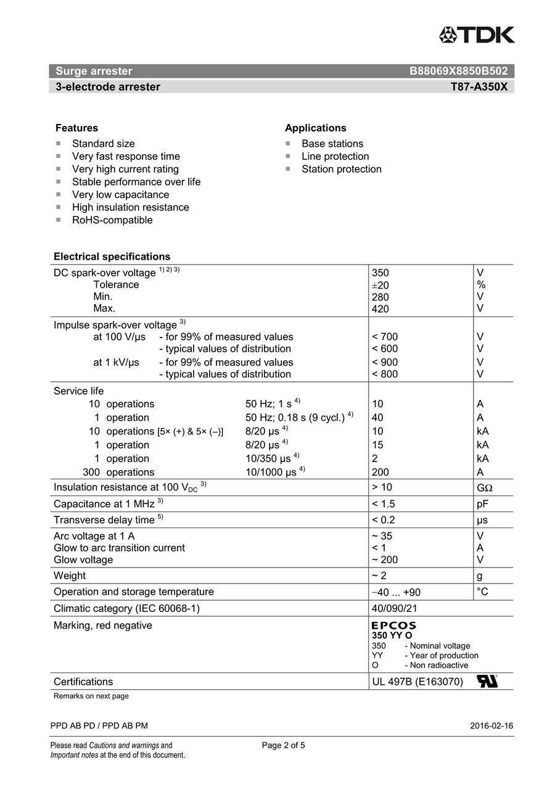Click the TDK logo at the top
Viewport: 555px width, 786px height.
477,35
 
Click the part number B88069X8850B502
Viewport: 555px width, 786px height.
459,71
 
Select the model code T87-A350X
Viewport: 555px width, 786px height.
479,87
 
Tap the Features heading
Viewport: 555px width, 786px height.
76,128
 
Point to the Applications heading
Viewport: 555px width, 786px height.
315,128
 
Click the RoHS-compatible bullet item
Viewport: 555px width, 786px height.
112,220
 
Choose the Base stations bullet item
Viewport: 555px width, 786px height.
332,144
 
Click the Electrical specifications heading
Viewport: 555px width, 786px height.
112,257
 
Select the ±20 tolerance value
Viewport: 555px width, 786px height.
380,285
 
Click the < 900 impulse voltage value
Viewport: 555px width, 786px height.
385,362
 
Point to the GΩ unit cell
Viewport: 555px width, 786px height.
485,487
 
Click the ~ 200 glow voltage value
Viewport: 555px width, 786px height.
385,560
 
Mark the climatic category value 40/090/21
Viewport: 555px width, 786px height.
395,608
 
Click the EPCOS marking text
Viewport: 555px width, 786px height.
393,626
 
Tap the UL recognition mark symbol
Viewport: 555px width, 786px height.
487,682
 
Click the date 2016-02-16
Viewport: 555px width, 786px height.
491,726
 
